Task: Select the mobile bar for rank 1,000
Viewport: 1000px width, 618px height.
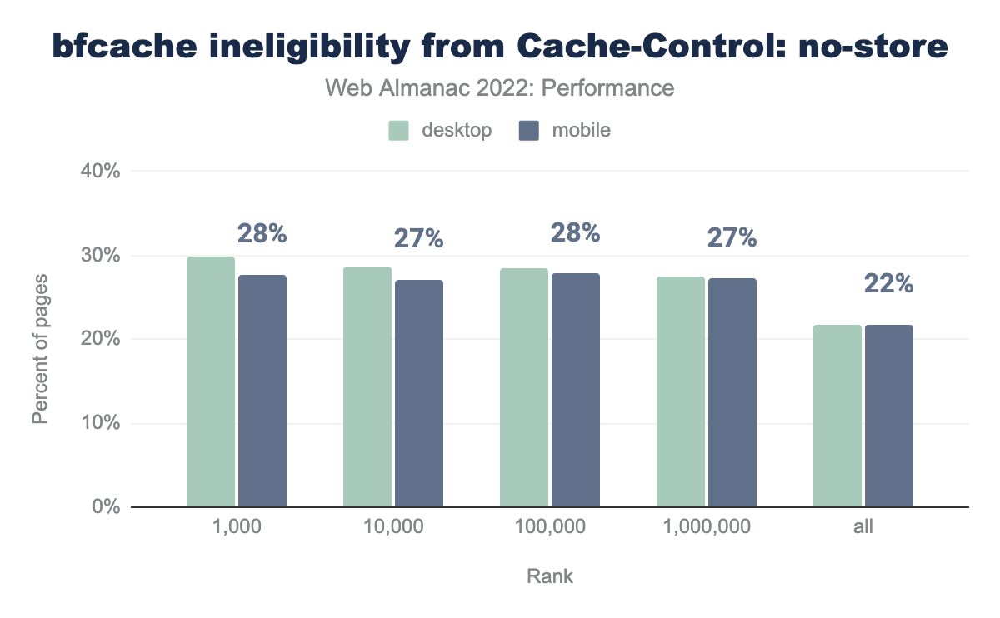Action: pyautogui.click(x=262, y=391)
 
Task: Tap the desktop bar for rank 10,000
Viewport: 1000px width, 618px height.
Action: pyautogui.click(x=367, y=386)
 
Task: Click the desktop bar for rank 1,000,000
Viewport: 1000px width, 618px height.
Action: pyautogui.click(x=681, y=391)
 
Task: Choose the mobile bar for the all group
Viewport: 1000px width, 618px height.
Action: pyautogui.click(x=889, y=416)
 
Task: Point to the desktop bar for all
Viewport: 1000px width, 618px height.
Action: pyautogui.click(x=837, y=416)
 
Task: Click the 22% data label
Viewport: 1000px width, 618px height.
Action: pyautogui.click(x=889, y=284)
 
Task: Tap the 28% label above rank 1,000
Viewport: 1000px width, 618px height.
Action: pyautogui.click(x=262, y=234)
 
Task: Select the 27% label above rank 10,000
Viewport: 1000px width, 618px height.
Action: pyautogui.click(x=418, y=239)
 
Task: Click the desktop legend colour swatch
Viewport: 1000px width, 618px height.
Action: pyautogui.click(x=399, y=131)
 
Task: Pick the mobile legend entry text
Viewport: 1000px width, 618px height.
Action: pyautogui.click(x=581, y=131)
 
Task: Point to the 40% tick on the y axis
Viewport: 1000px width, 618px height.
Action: pyautogui.click(x=101, y=172)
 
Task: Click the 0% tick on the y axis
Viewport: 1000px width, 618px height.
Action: pyautogui.click(x=106, y=507)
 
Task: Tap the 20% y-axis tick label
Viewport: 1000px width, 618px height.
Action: pyautogui.click(x=101, y=339)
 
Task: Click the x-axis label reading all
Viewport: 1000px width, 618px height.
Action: pyautogui.click(x=863, y=527)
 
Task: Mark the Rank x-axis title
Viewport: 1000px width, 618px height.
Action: pyautogui.click(x=550, y=576)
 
